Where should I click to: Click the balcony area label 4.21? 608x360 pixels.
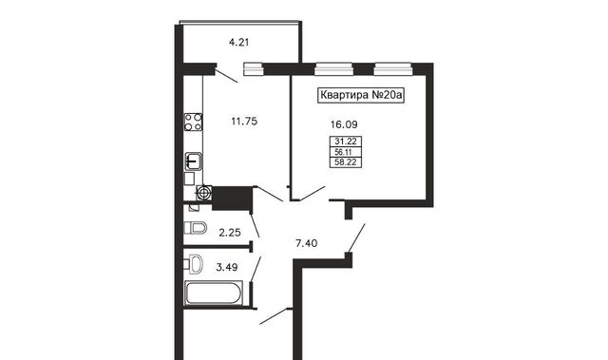pyautogui.click(x=238, y=42)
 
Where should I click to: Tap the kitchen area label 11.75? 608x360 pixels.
pyautogui.click(x=244, y=122)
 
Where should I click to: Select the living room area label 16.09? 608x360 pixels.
pyautogui.click(x=344, y=124)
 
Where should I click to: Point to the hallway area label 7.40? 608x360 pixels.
pyautogui.click(x=306, y=243)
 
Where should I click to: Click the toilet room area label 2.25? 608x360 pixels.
pyautogui.click(x=230, y=233)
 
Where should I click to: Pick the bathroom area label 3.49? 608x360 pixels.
pyautogui.click(x=227, y=267)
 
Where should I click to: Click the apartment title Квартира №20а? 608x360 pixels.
pyautogui.click(x=361, y=95)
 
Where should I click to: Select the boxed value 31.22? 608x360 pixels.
pyautogui.click(x=346, y=142)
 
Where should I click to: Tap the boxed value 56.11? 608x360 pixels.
pyautogui.click(x=343, y=152)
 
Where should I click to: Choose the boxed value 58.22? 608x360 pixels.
pyautogui.click(x=346, y=162)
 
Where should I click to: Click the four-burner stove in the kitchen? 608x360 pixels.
pyautogui.click(x=193, y=122)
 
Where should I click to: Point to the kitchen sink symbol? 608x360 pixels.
pyautogui.click(x=193, y=161)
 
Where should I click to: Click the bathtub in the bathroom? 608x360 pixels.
pyautogui.click(x=214, y=293)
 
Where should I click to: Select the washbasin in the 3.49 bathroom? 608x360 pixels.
pyautogui.click(x=194, y=264)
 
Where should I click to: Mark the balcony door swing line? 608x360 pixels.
pyautogui.click(x=226, y=76)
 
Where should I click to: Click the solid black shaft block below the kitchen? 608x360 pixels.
pyautogui.click(x=232, y=199)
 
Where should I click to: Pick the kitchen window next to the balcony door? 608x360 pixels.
pyautogui.click(x=254, y=68)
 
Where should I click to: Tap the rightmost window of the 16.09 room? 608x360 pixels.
pyautogui.click(x=392, y=68)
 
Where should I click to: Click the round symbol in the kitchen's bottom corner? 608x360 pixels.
pyautogui.click(x=204, y=193)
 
